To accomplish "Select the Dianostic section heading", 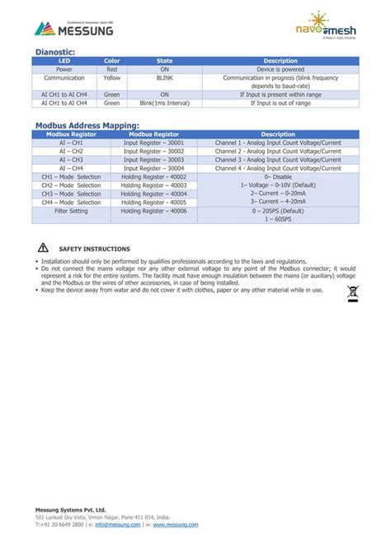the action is click(x=55, y=52).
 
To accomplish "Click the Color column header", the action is click(x=111, y=61).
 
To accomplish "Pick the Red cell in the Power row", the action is click(x=111, y=69).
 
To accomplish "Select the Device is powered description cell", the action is click(x=280, y=69).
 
